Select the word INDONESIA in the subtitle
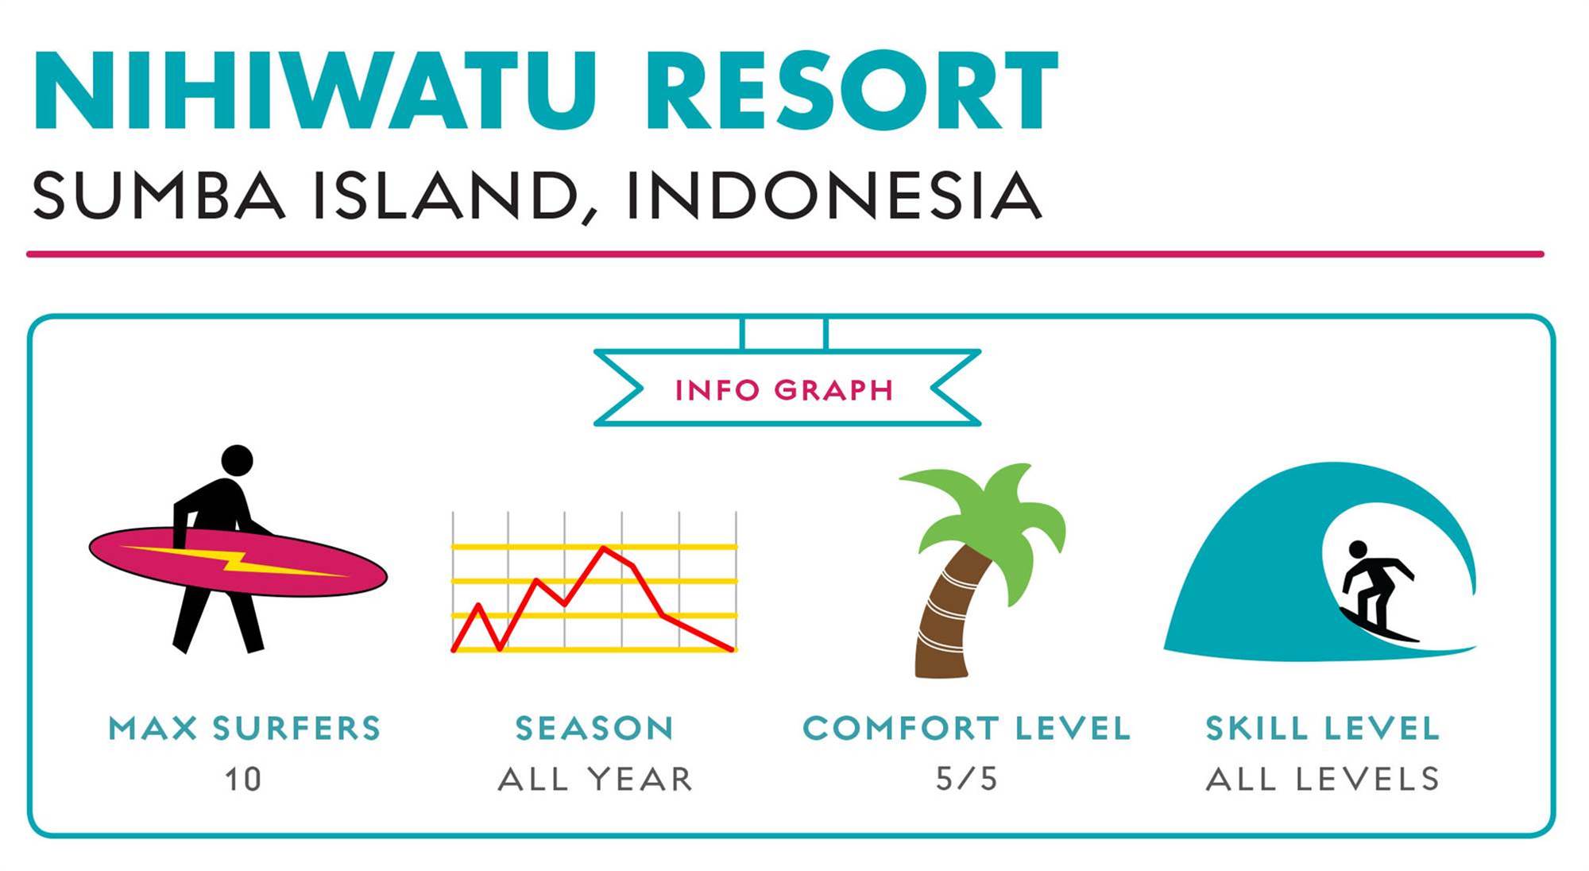coord(833,195)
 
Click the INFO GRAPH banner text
coord(785,390)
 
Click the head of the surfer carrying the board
coord(237,460)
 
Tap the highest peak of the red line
coord(605,548)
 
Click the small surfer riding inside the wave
coord(1375,592)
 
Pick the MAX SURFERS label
coord(245,729)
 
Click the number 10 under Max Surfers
coord(242,780)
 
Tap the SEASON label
coord(594,729)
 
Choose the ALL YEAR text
coord(595,780)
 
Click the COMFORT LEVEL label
coord(966,729)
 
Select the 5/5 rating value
coord(966,780)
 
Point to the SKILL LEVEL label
coord(1323,729)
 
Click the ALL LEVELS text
coord(1323,780)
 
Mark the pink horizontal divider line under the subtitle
coord(785,254)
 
